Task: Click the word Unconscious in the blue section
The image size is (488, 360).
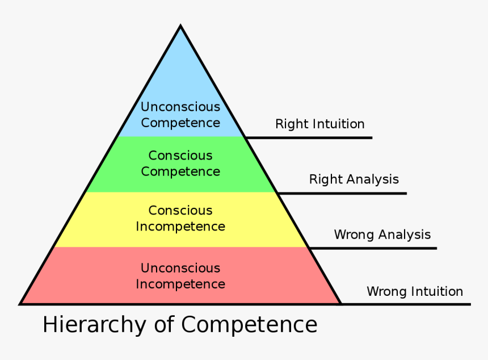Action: pyautogui.click(x=180, y=107)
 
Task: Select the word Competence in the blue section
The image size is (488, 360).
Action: pyautogui.click(x=180, y=123)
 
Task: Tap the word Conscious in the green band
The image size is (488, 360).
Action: pyautogui.click(x=180, y=156)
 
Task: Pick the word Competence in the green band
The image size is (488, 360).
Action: pyautogui.click(x=180, y=171)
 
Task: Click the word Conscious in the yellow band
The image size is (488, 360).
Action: pyautogui.click(x=180, y=211)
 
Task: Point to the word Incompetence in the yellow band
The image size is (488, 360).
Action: pyautogui.click(x=180, y=227)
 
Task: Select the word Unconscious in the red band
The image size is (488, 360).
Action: pyautogui.click(x=180, y=268)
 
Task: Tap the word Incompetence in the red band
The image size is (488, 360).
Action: pyautogui.click(x=180, y=284)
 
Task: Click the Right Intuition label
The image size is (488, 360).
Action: pyautogui.click(x=320, y=124)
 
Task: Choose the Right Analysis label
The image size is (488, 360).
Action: pyautogui.click(x=354, y=179)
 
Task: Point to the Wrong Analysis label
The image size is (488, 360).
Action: pyautogui.click(x=382, y=235)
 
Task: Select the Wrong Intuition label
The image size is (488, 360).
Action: pyautogui.click(x=415, y=291)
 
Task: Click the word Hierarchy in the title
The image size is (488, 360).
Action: pyautogui.click(x=95, y=325)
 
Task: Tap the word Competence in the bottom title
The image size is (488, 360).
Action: pyautogui.click(x=249, y=325)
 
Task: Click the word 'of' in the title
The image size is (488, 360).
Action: pyautogui.click(x=164, y=324)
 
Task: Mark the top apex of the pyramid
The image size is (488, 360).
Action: pyautogui.click(x=180, y=25)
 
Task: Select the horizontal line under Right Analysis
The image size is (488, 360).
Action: pyautogui.click(x=342, y=194)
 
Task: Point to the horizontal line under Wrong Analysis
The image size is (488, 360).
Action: pyautogui.click(x=373, y=248)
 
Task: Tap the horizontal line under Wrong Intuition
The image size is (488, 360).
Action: pyautogui.click(x=406, y=304)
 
